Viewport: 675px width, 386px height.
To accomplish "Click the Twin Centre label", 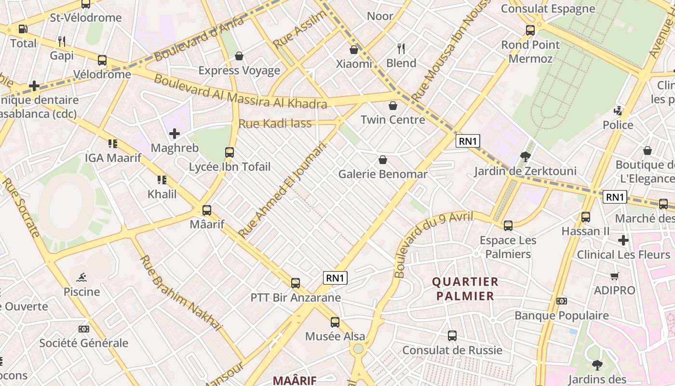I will click(393, 120).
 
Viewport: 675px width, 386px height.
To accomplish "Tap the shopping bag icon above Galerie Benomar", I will click(383, 159).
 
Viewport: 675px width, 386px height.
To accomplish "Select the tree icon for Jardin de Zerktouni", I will click(525, 156).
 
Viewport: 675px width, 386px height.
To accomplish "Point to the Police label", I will click(618, 125).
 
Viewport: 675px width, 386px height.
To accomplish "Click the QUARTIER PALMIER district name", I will click(465, 289).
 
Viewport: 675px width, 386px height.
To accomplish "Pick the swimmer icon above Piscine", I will click(81, 277).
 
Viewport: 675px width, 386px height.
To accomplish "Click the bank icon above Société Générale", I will click(83, 329).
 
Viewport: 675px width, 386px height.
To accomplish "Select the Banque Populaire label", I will click(561, 316).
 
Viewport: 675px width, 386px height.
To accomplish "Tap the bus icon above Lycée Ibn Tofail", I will click(229, 152).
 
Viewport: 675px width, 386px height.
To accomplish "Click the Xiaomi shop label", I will click(354, 64).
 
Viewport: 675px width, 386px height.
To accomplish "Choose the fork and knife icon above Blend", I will click(401, 48).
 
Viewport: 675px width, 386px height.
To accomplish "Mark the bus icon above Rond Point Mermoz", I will click(530, 30).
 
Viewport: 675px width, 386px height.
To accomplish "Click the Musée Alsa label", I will click(335, 336).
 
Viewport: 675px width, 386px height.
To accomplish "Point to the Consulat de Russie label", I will click(452, 350).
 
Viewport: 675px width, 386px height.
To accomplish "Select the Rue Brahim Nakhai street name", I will click(180, 292).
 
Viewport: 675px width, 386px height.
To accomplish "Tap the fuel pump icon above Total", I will click(23, 29).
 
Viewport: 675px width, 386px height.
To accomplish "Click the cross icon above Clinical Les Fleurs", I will click(623, 240).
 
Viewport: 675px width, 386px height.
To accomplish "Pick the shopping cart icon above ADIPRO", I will click(614, 276).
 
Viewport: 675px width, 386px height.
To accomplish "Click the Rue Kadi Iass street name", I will click(275, 124).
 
